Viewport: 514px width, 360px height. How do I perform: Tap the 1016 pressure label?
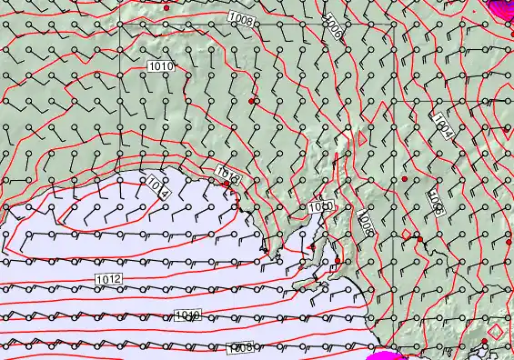tap(227, 173)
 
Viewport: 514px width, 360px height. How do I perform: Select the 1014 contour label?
tap(156, 187)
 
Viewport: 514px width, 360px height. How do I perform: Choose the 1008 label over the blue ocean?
tap(240, 347)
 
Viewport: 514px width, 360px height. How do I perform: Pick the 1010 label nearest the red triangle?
tap(320, 208)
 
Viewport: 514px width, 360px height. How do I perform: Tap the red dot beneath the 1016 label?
tap(227, 184)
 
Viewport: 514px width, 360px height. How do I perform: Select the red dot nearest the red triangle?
tap(338, 261)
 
